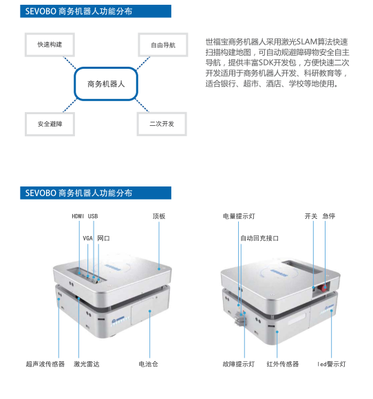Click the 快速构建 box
pyautogui.click(x=50, y=45)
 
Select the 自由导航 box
pyautogui.click(x=163, y=45)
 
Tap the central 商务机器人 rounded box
pyautogui.click(x=106, y=84)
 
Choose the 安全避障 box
pyautogui.click(x=50, y=124)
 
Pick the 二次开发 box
pyautogui.click(x=162, y=124)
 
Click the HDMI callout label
pyautogui.click(x=78, y=216)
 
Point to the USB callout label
pyautogui.click(x=93, y=216)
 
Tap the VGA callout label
pyautogui.click(x=87, y=238)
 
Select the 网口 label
pyautogui.click(x=103, y=238)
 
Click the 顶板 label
pyautogui.click(x=159, y=216)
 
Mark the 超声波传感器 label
pyautogui.click(x=45, y=364)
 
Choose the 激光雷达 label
pyautogui.click(x=87, y=364)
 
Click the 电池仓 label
pyautogui.click(x=148, y=364)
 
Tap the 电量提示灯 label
pyautogui.click(x=239, y=216)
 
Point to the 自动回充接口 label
pyautogui.click(x=259, y=238)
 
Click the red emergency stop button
pyautogui.click(x=324, y=288)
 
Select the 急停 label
pyautogui.click(x=329, y=216)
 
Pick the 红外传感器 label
pyautogui.click(x=283, y=364)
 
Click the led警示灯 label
pyautogui.click(x=332, y=364)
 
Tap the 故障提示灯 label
pyautogui.click(x=239, y=364)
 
